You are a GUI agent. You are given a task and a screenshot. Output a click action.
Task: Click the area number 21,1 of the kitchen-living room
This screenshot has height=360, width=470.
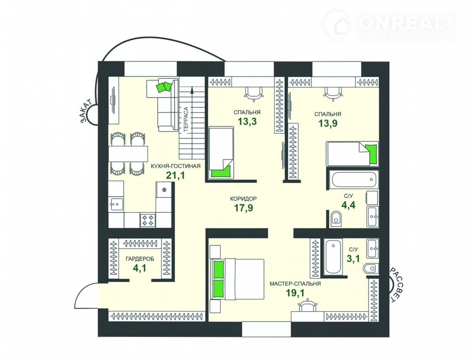coord(176,175)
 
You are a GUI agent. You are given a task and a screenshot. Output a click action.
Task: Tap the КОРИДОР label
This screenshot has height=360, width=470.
coord(243,199)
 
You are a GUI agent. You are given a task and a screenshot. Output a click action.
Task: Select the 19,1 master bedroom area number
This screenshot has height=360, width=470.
coord(295,293)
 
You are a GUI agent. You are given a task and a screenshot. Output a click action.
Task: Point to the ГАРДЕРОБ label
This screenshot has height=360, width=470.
coord(140,259)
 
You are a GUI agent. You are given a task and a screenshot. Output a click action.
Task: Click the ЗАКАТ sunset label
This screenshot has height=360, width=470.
coord(87,111)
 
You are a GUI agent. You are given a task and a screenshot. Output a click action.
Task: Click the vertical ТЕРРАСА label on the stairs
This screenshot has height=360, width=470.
coord(186,119)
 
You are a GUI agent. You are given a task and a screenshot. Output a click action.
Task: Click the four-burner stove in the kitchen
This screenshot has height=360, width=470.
coord(148,220)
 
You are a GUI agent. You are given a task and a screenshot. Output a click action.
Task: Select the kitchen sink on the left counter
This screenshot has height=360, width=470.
coord(116,204)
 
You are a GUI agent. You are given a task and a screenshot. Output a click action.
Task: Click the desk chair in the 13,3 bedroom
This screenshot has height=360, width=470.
coord(253,93)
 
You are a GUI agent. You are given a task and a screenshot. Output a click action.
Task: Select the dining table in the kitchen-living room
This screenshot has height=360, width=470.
coord(128,153)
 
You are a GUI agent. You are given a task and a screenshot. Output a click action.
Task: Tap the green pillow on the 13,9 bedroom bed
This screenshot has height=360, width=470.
coord(372,153)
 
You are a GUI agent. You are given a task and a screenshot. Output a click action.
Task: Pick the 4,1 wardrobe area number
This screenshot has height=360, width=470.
coord(140,268)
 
